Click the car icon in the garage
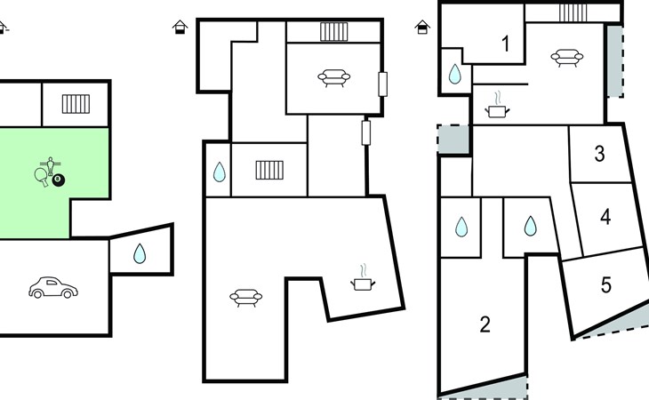pos(53,287)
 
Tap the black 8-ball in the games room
pos(59,180)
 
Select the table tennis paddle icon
pos(42,176)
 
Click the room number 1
pos(505,44)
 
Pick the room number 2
pos(485,324)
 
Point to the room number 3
pos(599,154)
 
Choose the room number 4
pos(605,216)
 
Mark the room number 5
pos(606,285)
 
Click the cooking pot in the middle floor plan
pos(363,278)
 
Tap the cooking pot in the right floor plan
pos(497,105)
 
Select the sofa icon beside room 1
pos(567,58)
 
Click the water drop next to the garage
pos(140,253)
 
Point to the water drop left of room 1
pos(455,74)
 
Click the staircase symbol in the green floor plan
pos(76,104)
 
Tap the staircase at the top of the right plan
pos(573,12)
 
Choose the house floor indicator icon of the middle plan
pos(180,27)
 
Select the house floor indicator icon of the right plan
pos(422,27)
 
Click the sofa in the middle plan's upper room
pos(334,77)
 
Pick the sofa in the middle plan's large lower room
pos(246,298)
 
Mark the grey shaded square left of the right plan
pos(453,140)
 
